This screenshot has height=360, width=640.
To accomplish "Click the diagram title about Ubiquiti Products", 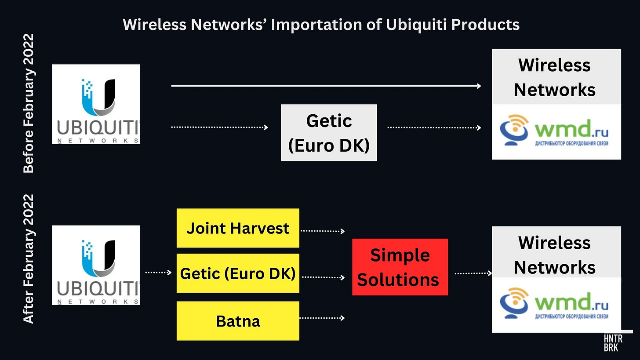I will click(321, 25).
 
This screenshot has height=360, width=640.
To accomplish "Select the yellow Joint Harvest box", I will click(238, 228).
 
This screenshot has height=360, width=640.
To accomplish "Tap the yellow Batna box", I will click(238, 321).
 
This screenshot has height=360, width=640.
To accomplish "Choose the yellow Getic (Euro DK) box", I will click(238, 273).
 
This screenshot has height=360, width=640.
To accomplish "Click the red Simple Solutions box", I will click(400, 267).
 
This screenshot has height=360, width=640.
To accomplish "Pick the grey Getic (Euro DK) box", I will click(329, 133).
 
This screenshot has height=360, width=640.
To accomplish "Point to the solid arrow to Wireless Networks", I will click(326, 86).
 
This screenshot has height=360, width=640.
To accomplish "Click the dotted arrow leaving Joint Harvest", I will click(322, 230).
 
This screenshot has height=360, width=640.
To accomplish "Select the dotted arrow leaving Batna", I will click(322, 317).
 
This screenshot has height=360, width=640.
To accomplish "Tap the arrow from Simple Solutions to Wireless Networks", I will click(473, 273).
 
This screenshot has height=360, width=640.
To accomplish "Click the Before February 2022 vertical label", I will click(29, 103).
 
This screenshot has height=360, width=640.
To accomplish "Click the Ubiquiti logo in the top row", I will click(96, 104).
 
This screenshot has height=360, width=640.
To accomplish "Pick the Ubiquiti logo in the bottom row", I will click(96, 265).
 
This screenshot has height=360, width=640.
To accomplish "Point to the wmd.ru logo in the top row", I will click(556, 131).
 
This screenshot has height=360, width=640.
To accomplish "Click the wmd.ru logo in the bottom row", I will click(556, 304).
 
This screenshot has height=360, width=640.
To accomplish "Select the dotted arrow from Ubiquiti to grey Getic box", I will click(219, 127).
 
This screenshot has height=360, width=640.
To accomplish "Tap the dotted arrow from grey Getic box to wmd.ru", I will click(434, 127).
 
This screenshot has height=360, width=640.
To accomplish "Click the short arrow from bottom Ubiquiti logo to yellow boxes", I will click(158, 273).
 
